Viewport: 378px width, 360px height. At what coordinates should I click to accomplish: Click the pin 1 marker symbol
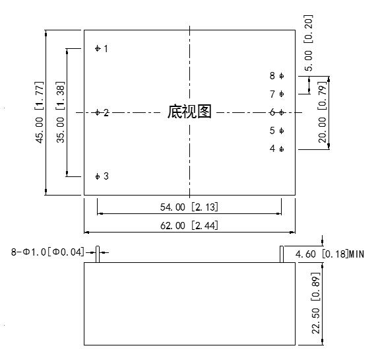pos(98,48)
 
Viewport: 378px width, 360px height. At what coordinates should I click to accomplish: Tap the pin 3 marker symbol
pos(98,176)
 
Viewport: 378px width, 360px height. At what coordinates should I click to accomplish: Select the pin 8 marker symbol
pos(282,76)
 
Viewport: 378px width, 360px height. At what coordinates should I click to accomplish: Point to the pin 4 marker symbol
pos(282,149)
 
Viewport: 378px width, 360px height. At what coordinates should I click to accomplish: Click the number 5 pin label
pos(272,131)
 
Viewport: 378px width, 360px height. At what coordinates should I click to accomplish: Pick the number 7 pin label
pos(272,94)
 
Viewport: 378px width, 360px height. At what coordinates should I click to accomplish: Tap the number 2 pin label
pos(106,112)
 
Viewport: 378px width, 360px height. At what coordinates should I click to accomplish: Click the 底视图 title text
pos(189,112)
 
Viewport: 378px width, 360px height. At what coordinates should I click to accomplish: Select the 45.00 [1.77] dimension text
pos(40,112)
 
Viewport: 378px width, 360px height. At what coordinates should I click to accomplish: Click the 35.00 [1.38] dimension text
pos(61,112)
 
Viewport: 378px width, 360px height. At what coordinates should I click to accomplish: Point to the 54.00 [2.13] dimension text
pos(189,207)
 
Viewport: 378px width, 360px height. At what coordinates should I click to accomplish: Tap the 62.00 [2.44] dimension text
pos(189,226)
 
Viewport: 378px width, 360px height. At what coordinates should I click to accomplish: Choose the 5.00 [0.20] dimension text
pos(309,43)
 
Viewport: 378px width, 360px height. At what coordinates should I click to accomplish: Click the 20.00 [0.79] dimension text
pos(323,112)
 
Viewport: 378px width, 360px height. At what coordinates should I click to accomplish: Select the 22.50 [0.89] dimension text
pos(316,303)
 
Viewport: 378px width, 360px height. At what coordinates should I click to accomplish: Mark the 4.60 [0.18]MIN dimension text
pos(330,254)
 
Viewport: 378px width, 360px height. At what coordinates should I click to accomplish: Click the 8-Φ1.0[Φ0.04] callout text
pos(48,252)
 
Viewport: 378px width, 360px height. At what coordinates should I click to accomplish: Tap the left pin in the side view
pos(98,254)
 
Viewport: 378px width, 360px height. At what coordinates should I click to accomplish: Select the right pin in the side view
pos(282,254)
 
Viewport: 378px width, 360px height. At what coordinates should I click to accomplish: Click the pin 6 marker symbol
pos(282,112)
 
